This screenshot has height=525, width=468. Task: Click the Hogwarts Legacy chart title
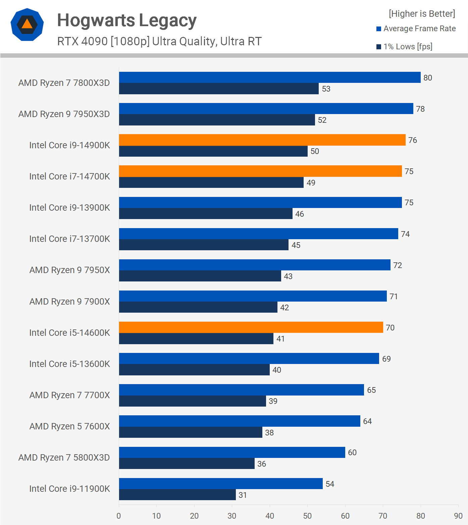[x=126, y=21]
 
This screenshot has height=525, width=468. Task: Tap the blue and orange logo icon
[x=27, y=24]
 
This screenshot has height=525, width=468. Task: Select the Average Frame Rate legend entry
[x=416, y=29]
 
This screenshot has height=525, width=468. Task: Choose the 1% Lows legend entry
[x=405, y=47]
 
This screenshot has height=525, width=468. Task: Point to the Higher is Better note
[x=422, y=14]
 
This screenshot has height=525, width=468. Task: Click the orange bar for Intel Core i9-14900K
[x=262, y=140]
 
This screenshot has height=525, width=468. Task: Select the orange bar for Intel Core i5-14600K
[x=251, y=327]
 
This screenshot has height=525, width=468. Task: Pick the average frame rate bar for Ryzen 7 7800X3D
[x=270, y=77]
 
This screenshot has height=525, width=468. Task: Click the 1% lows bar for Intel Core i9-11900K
[x=177, y=495]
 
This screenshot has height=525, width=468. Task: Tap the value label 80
[x=428, y=78]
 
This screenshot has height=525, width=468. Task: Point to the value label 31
[x=243, y=495]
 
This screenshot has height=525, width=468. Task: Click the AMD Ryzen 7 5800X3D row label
[x=64, y=458]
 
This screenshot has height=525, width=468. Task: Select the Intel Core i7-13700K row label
[x=69, y=239]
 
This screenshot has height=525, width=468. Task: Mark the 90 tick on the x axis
[x=458, y=516]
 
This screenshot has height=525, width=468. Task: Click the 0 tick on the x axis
[x=119, y=516]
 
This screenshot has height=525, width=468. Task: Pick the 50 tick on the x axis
[x=307, y=516]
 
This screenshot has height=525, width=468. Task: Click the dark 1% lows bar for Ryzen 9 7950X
[x=200, y=276]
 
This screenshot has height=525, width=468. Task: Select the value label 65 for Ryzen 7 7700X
[x=371, y=390]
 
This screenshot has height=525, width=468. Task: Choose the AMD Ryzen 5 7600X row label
[x=69, y=426]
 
